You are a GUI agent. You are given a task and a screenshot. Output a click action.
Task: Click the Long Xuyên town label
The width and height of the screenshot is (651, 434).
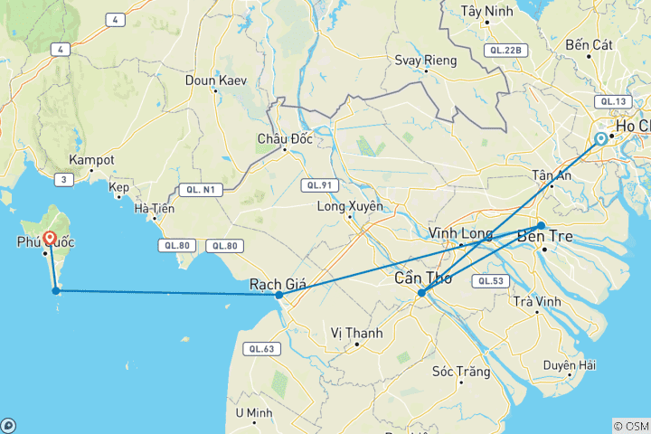coord(350,206)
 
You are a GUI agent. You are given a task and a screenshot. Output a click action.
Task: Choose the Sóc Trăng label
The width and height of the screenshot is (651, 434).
coord(461,372)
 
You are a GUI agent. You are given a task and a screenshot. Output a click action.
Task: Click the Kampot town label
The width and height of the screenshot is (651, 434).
coord(91,159)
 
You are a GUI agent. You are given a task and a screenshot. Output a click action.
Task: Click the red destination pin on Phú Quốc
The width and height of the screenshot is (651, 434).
coord(50,239)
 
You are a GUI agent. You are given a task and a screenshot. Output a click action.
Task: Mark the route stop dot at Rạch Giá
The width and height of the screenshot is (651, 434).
coord(278,295)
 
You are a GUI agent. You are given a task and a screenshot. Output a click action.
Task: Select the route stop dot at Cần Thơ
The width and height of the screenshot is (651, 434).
coord(421,292)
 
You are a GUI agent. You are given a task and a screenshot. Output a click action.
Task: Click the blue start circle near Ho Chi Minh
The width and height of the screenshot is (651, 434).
coord(600,138)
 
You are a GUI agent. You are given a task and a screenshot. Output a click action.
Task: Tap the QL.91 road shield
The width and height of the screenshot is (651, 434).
coord(318,185)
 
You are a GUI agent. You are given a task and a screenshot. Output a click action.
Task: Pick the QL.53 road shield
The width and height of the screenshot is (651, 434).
coord(490,281)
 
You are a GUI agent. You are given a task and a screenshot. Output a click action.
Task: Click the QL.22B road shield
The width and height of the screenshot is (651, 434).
coord(505,50)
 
